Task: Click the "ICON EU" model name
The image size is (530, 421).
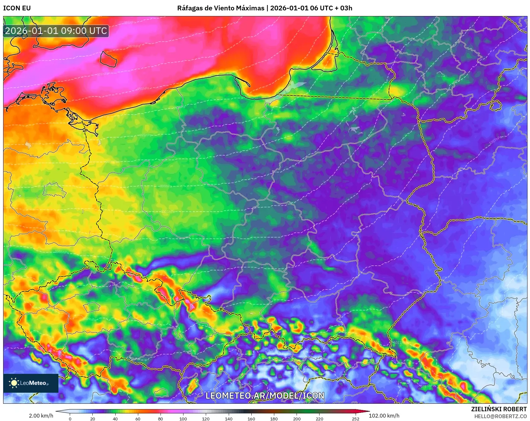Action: (17, 8)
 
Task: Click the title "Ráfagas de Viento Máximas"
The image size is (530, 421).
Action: (221, 8)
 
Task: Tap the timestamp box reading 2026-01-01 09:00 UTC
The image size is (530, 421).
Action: (56, 31)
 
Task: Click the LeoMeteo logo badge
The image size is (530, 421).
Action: (31, 383)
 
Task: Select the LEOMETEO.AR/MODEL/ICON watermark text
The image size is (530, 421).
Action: (265, 396)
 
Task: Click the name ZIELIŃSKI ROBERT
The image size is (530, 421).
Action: (499, 409)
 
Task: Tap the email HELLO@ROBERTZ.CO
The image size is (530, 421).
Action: (500, 416)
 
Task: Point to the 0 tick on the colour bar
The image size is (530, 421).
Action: (70, 418)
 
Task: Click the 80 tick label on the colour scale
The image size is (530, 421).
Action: (161, 418)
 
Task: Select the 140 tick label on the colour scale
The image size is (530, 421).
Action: (229, 418)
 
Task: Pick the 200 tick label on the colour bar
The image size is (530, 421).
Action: (297, 418)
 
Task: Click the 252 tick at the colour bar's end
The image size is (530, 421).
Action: (356, 418)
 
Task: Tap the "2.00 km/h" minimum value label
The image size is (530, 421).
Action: (41, 416)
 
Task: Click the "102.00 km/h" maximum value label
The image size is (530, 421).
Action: (384, 416)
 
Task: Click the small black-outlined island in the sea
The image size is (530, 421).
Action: (108, 59)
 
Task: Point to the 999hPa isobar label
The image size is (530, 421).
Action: (166, 186)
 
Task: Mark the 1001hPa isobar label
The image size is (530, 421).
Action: (168, 212)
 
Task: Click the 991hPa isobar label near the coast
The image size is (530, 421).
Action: (143, 89)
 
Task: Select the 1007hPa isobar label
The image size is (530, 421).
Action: (495, 140)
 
